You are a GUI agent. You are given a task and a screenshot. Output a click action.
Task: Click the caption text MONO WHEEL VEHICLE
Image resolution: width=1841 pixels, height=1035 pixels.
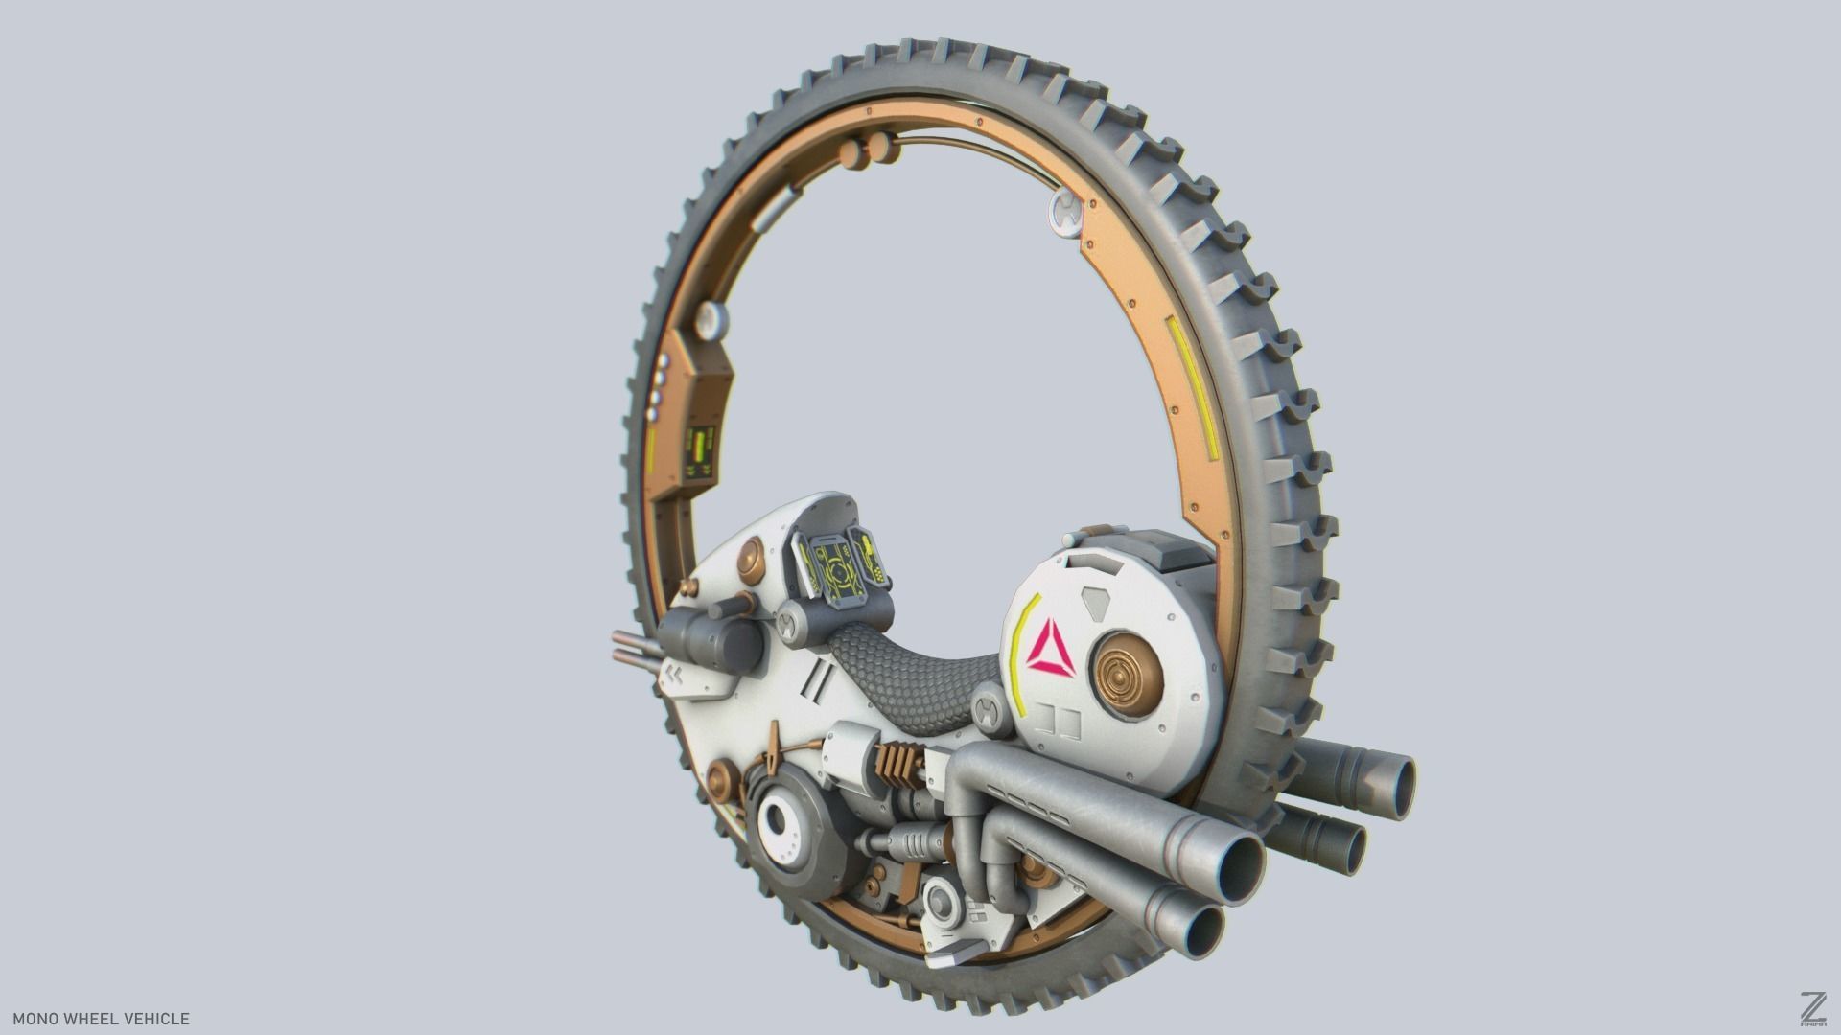coord(101,1019)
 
